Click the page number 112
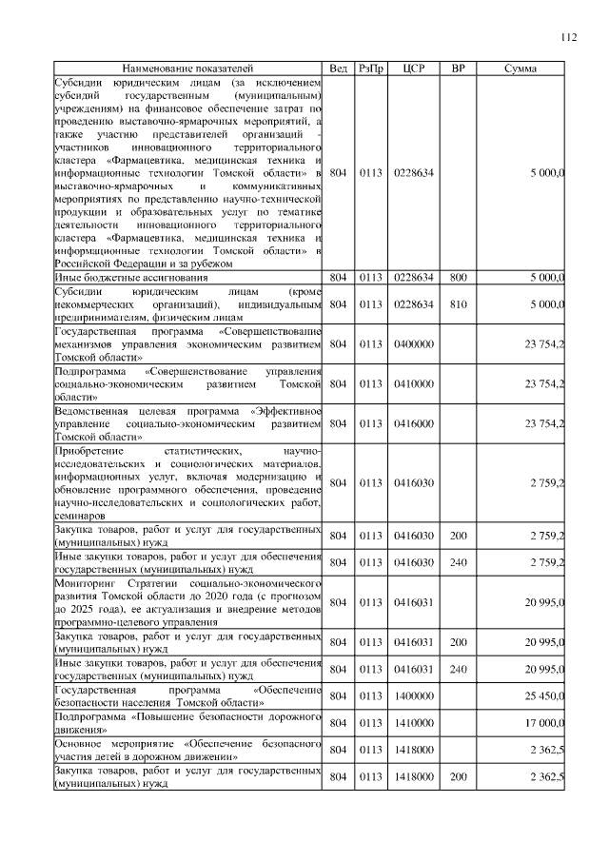[568, 37]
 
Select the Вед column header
[338, 69]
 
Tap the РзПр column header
[370, 69]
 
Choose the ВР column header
[458, 69]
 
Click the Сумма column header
[521, 69]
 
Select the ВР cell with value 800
[458, 277]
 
